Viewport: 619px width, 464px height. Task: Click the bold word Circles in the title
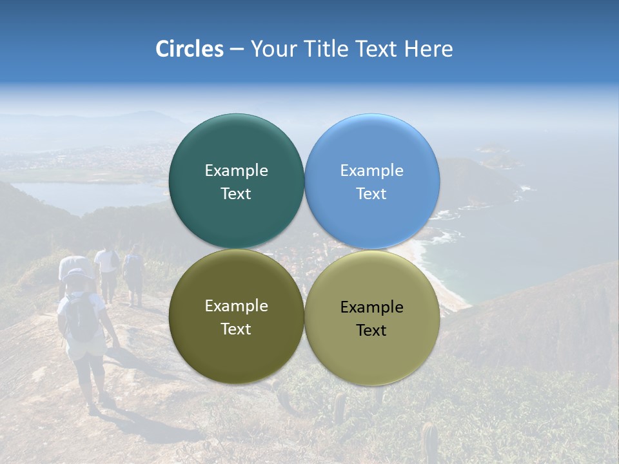pyautogui.click(x=189, y=49)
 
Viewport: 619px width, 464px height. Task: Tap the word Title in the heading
pyautogui.click(x=329, y=49)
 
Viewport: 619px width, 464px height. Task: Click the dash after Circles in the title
pyautogui.click(x=237, y=50)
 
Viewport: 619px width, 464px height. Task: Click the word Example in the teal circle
pyautogui.click(x=236, y=170)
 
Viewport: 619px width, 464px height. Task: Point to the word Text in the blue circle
pyautogui.click(x=371, y=193)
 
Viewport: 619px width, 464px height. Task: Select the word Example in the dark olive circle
pyautogui.click(x=236, y=305)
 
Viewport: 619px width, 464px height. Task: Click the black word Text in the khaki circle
pyautogui.click(x=371, y=330)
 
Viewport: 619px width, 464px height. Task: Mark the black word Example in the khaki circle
pyautogui.click(x=371, y=307)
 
